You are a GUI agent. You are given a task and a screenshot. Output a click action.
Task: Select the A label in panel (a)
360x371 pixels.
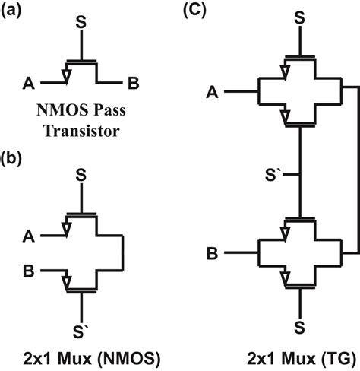[30, 81]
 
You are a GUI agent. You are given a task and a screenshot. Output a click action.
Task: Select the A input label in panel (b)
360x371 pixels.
[30, 233]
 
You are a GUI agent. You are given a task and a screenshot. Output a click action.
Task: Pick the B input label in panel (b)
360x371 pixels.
[30, 268]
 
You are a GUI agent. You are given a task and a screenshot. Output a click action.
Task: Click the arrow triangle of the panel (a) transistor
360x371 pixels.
[69, 75]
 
